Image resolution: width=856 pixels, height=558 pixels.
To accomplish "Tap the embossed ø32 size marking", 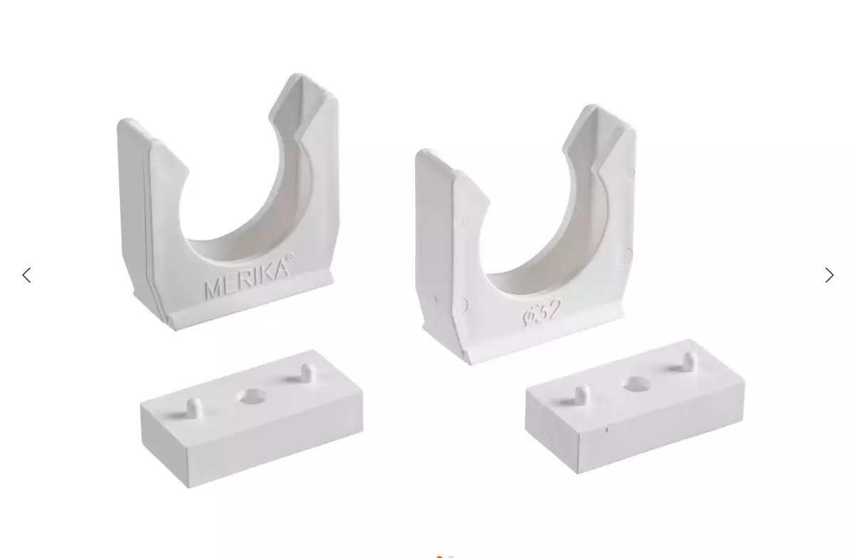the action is [542, 313].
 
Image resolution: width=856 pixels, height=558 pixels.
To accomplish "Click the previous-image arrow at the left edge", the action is [26, 275].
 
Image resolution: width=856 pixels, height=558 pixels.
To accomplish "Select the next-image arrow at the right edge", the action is [829, 275].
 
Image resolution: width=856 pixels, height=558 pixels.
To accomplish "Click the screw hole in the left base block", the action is [253, 396].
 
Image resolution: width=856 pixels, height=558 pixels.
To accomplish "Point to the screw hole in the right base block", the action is [637, 383].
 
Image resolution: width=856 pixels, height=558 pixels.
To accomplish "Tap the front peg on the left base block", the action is [194, 408].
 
